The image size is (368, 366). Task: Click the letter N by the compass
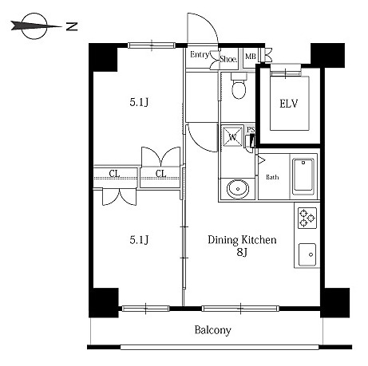pos(72,26)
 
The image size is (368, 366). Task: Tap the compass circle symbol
pos(34,26)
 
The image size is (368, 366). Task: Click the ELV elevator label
pos(289,104)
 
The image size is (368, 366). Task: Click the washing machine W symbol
pos(232,136)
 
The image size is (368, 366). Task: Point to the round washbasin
pos(238,188)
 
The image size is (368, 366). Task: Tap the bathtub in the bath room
pos(303,176)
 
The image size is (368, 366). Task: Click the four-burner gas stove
pos(307,218)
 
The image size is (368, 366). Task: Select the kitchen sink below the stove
pos(307,254)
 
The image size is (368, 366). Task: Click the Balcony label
pos(212,330)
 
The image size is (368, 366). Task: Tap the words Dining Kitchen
pos(242,240)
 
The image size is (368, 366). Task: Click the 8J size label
pos(242,252)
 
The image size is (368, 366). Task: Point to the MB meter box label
pos(251,57)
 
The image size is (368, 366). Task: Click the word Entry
pos(200,55)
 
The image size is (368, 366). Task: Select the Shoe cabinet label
pos(228,59)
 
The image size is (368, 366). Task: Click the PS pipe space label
pos(251,130)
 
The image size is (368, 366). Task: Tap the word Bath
pos(272,177)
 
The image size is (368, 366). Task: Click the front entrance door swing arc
pos(209,22)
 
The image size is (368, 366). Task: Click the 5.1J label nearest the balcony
pos(139,240)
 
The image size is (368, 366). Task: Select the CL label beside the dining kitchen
pos(160,174)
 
